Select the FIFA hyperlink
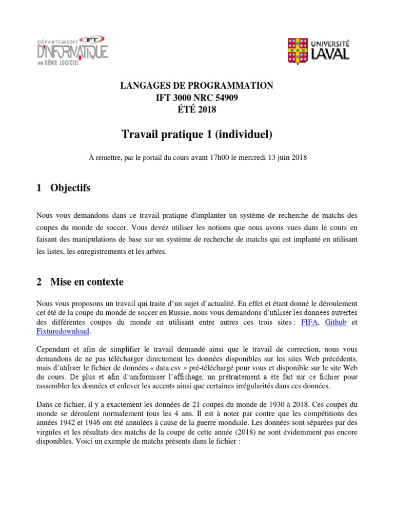(x=309, y=323)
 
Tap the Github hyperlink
(x=336, y=323)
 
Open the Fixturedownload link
(x=63, y=332)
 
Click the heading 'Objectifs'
(x=70, y=188)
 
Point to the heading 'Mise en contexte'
(x=87, y=282)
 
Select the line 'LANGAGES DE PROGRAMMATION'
(x=197, y=86)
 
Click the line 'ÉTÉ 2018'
(x=197, y=109)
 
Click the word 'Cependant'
(x=53, y=349)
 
